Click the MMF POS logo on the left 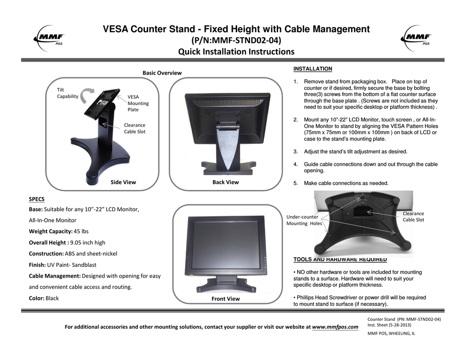pyautogui.click(x=50, y=37)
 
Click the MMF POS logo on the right pyautogui.click(x=416, y=37)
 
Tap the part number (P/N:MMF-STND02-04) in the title pyautogui.click(x=236, y=41)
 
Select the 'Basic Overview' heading pyautogui.click(x=162, y=73)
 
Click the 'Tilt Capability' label pyautogui.click(x=67, y=93)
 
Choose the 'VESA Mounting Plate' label pyautogui.click(x=138, y=103)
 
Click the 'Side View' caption pyautogui.click(x=123, y=182)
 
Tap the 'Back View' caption pyautogui.click(x=225, y=182)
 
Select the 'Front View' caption pyautogui.click(x=225, y=299)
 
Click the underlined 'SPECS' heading pyautogui.click(x=36, y=199)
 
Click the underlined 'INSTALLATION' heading pyautogui.click(x=313, y=69)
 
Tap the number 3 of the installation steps pyautogui.click(x=295, y=152)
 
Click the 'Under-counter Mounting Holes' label pyautogui.click(x=304, y=220)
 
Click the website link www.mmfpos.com pyautogui.click(x=335, y=327)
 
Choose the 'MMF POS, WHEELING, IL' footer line pyautogui.click(x=391, y=334)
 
